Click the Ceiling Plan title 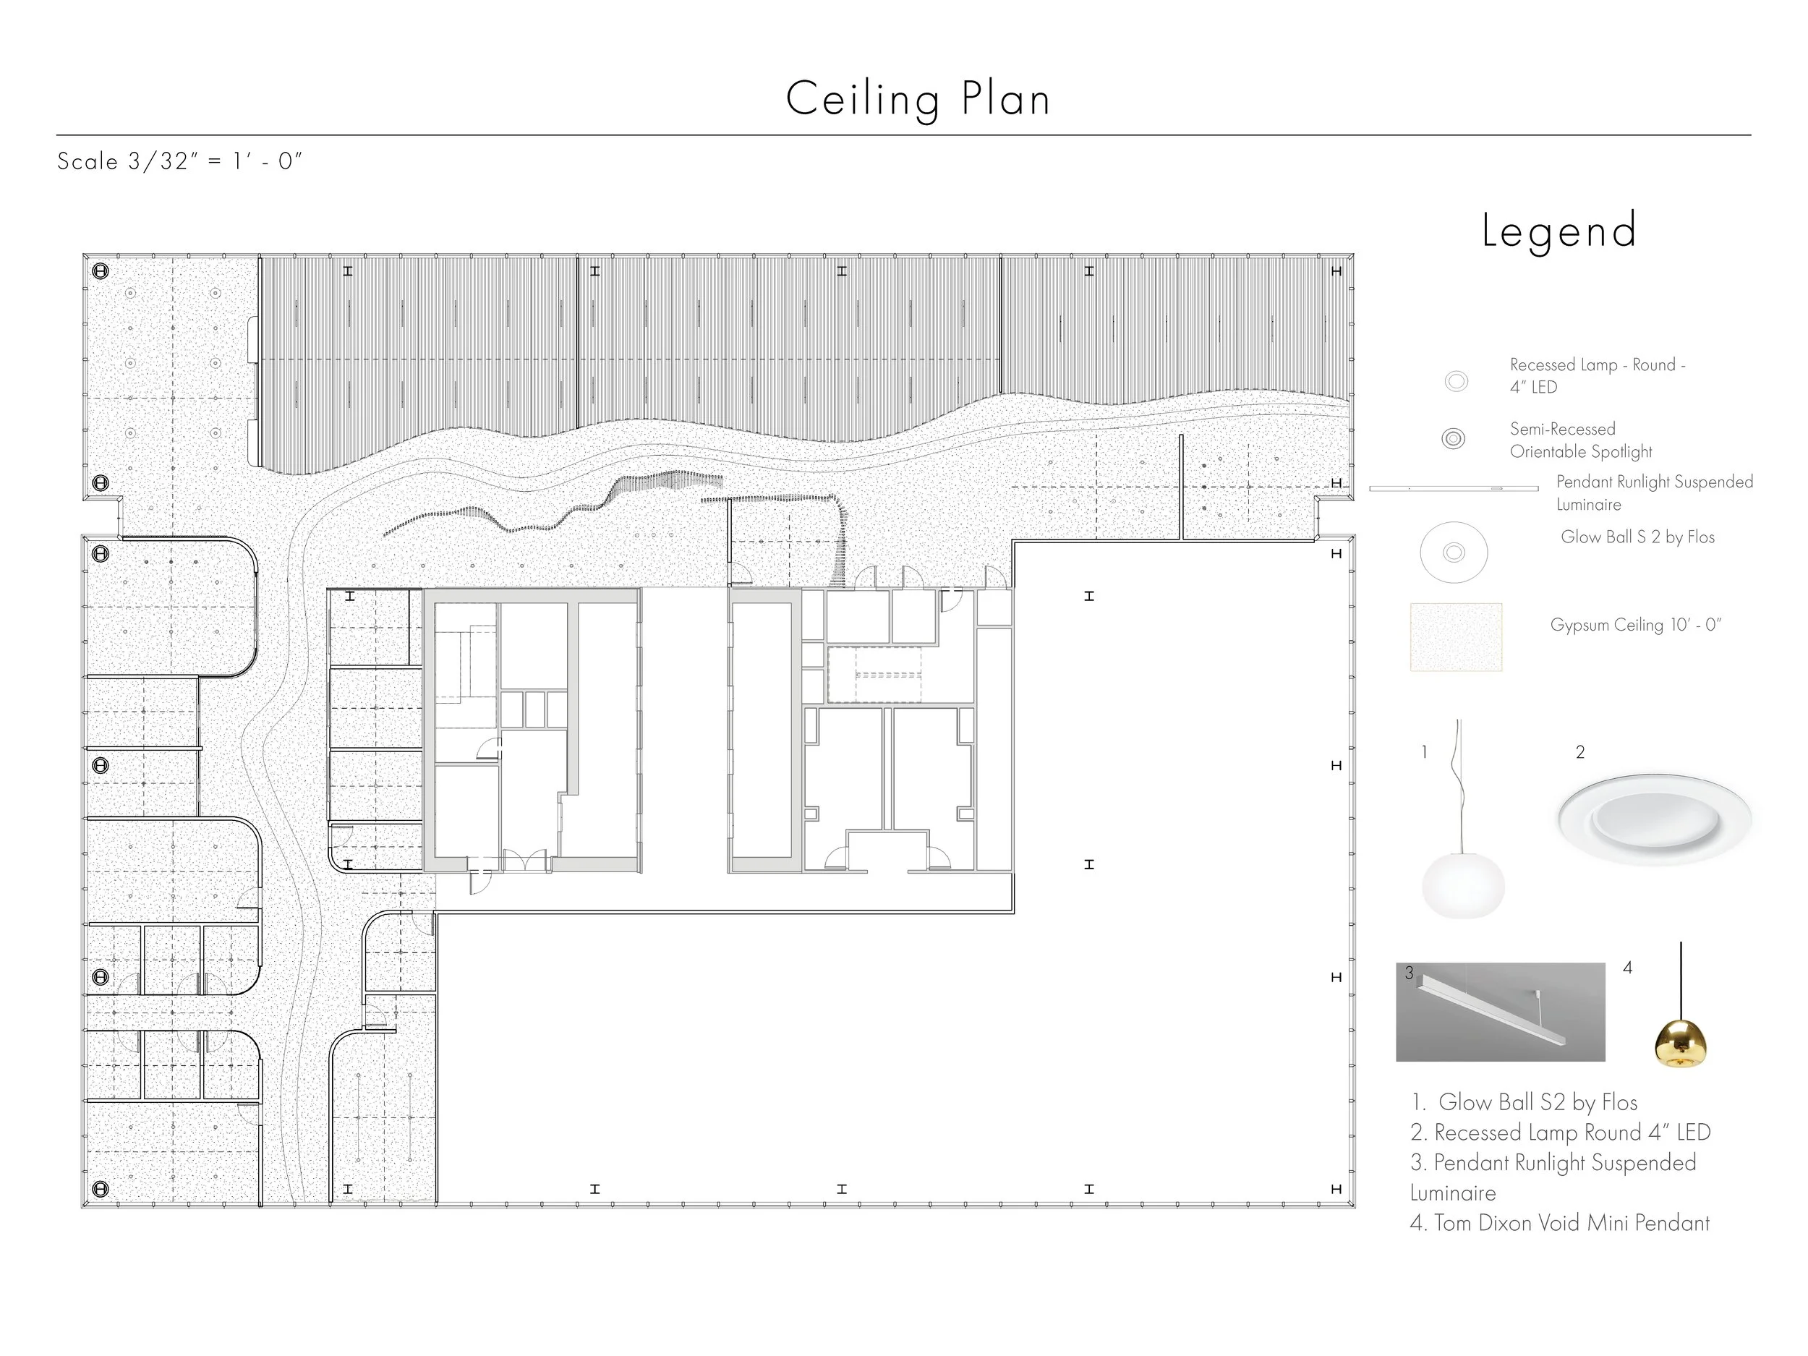(917, 100)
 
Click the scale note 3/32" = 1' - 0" (180, 161)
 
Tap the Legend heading (1558, 231)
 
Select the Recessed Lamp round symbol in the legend (1456, 381)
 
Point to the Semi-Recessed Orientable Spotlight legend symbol (1452, 439)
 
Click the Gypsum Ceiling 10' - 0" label (1636, 626)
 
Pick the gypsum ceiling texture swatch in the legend (1456, 636)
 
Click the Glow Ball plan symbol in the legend (1453, 553)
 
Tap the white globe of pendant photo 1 (1462, 885)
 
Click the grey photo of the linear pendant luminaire (1500, 1012)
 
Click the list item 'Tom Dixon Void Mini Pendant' (1559, 1223)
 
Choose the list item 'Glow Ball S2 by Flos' (1525, 1103)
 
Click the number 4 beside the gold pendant (1627, 968)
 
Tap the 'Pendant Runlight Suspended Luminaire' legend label (1653, 493)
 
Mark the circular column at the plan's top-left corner (101, 270)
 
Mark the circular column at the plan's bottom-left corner (101, 1188)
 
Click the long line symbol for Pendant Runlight (1452, 489)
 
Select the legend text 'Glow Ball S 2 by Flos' (1637, 537)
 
